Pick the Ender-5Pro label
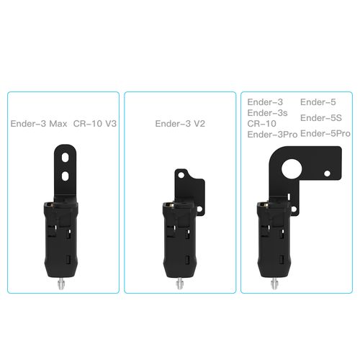[x=325, y=134]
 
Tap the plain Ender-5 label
[x=317, y=102]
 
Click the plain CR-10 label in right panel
[x=262, y=123]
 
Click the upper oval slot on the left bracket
[x=66, y=156]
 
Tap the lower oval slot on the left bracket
[x=66, y=175]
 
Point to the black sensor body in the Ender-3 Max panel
[x=63, y=238]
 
